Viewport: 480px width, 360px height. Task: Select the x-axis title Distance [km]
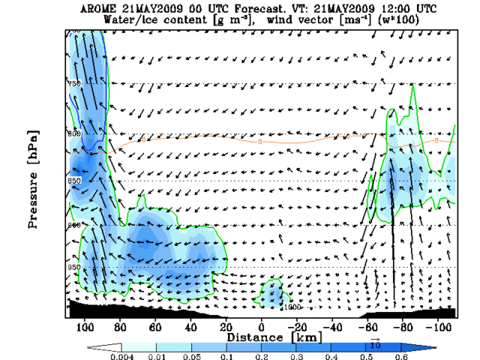point(259,337)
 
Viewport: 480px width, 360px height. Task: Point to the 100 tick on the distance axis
point(85,327)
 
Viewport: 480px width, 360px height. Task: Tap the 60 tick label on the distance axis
point(155,327)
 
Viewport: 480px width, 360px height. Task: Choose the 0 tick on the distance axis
point(261,327)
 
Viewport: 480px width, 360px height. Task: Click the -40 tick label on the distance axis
point(331,327)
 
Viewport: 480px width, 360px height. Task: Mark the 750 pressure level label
point(74,83)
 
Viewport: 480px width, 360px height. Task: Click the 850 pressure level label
point(74,181)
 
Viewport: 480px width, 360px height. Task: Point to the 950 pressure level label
point(74,267)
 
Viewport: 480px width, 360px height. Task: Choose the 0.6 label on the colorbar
point(406,355)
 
